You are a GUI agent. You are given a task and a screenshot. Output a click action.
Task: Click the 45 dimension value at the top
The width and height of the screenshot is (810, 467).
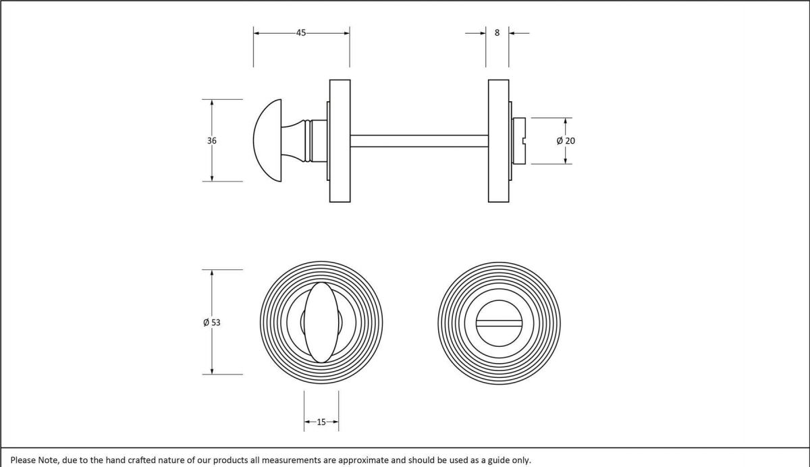point(301,32)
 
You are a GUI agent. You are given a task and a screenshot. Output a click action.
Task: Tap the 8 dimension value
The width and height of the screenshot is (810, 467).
point(497,32)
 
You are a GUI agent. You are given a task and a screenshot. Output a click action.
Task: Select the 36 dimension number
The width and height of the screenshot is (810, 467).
point(212,140)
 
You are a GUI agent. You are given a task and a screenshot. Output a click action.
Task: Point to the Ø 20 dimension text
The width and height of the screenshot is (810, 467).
point(566,140)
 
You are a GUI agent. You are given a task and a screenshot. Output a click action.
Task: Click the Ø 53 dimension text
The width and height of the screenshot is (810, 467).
point(212,323)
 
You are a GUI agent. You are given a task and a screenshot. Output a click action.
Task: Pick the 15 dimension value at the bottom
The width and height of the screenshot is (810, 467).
point(321,422)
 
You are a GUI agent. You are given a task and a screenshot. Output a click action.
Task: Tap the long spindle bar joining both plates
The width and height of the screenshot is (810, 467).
point(418,140)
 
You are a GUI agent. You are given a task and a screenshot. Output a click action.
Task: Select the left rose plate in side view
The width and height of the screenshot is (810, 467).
point(340,140)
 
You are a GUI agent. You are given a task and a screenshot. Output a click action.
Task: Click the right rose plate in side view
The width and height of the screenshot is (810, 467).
point(498,140)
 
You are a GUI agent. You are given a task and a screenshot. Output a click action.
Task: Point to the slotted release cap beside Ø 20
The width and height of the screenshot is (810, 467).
point(520,140)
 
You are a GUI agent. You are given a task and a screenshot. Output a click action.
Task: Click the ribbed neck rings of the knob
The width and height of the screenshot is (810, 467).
point(309,140)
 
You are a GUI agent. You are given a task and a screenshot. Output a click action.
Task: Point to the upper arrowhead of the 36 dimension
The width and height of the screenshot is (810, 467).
point(212,103)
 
